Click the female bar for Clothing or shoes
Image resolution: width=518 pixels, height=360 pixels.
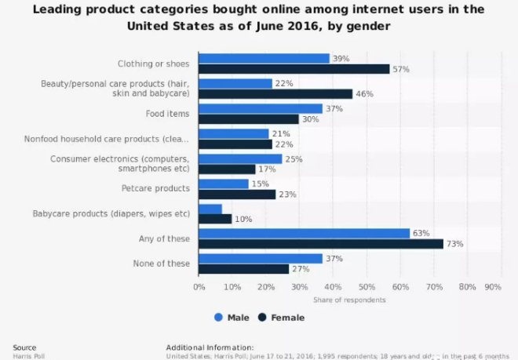294,69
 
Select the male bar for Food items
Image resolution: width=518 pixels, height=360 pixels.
261,108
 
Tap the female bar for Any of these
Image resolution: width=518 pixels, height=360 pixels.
321,244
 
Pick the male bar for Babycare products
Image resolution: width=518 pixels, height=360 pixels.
210,209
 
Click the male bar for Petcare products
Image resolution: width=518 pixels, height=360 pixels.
224,184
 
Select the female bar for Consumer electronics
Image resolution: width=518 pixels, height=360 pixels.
227,169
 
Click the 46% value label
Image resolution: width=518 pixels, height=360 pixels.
364,94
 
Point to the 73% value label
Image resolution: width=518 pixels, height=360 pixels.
455,244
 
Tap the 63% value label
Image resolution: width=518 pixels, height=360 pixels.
421,233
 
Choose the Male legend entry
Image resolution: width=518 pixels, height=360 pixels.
232,318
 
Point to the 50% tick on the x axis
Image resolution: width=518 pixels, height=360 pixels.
367,287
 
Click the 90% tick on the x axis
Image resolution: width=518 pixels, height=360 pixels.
494,287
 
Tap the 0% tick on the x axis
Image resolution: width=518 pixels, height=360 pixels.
199,287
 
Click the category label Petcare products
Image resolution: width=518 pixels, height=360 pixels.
155,188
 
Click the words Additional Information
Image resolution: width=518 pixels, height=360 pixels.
210,346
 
